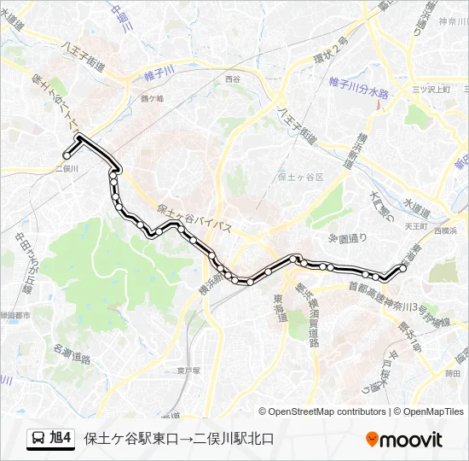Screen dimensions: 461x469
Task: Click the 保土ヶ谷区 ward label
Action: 301,178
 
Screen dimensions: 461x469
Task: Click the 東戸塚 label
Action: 188,371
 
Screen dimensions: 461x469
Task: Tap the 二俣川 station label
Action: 66,168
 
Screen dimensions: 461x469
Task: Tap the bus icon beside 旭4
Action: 38,439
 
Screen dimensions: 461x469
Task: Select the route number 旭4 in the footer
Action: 61,439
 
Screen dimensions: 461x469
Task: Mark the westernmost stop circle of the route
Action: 67,155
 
